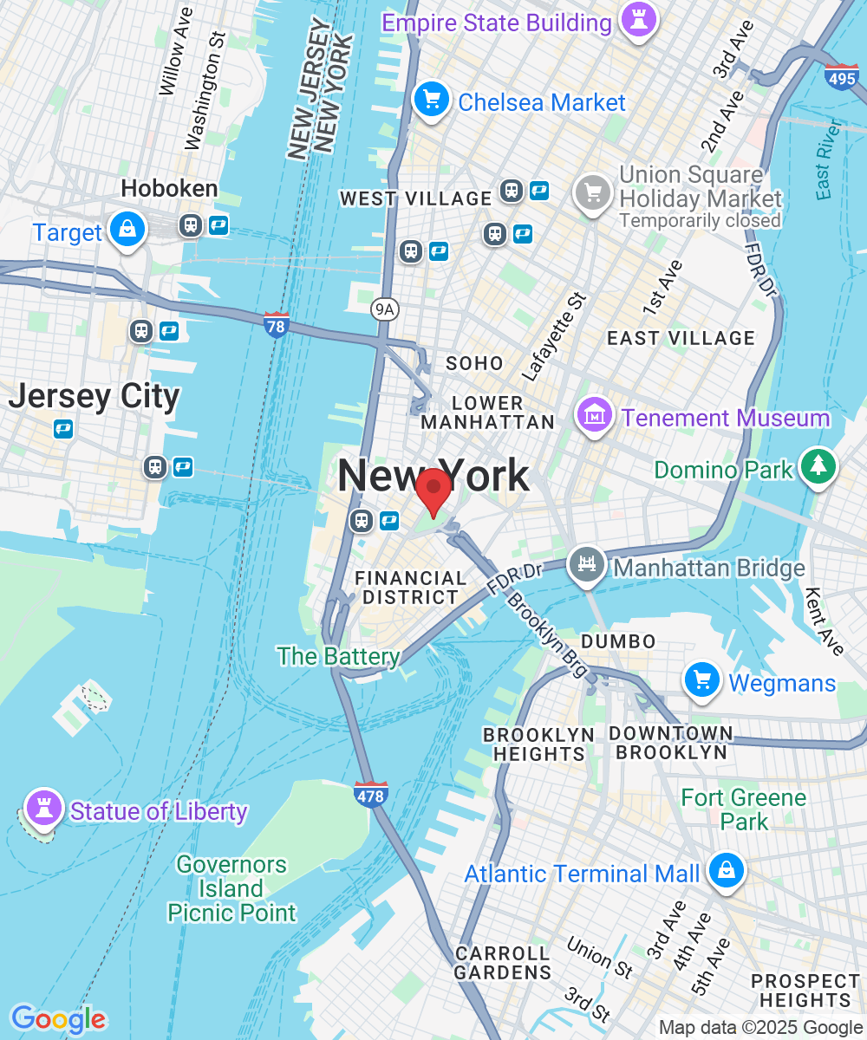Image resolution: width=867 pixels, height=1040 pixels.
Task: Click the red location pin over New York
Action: (433, 491)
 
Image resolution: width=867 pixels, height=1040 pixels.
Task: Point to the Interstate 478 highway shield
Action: (370, 794)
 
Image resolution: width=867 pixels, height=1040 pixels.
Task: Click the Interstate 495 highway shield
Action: (841, 77)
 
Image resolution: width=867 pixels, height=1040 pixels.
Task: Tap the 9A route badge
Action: (383, 309)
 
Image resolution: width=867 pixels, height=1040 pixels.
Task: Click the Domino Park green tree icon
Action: (818, 466)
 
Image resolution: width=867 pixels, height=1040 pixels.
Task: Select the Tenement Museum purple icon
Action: (596, 415)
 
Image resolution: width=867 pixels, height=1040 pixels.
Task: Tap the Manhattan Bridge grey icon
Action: (587, 565)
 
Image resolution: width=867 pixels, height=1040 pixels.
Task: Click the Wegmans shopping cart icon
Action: (702, 680)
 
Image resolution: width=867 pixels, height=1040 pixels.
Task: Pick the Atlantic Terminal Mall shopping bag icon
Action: (725, 870)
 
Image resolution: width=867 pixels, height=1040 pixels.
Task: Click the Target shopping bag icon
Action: (128, 230)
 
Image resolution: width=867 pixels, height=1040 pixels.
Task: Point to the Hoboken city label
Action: (169, 188)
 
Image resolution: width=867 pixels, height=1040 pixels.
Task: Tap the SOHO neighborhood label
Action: (473, 363)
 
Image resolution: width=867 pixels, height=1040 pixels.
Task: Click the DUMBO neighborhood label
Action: (618, 641)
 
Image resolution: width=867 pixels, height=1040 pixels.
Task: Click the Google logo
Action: (58, 1019)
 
